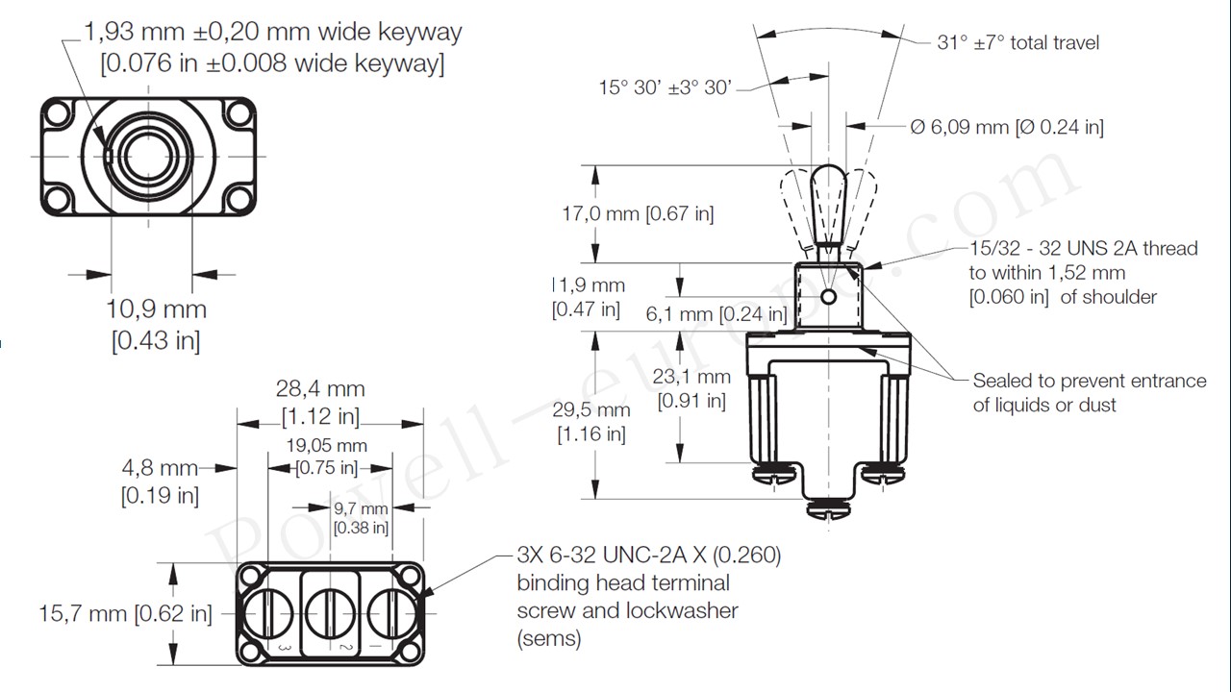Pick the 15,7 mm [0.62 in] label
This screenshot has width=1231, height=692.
coord(125,613)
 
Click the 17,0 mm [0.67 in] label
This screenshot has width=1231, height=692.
coord(638,213)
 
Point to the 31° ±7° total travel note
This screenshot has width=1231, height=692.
coord(1017,42)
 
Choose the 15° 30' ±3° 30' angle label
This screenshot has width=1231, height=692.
coord(666,87)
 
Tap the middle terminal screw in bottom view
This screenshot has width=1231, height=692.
coord(331,610)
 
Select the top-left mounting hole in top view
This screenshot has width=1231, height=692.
coord(58,114)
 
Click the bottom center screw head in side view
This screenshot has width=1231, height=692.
coord(828,510)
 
